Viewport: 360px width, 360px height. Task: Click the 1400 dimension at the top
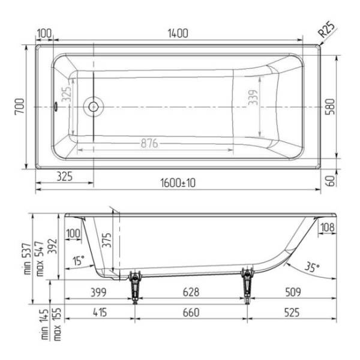[178, 34]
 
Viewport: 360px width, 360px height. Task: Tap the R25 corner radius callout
[327, 29]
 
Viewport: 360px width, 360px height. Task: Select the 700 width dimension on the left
[20, 107]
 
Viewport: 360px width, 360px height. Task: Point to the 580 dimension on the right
[331, 107]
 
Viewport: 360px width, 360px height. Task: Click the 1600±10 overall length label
[178, 183]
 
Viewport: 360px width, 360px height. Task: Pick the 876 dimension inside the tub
[149, 143]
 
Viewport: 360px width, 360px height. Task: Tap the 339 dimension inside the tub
[253, 97]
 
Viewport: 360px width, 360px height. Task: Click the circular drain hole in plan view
[94, 107]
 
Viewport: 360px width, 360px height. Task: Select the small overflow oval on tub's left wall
[55, 107]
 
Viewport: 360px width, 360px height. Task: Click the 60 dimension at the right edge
[331, 181]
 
